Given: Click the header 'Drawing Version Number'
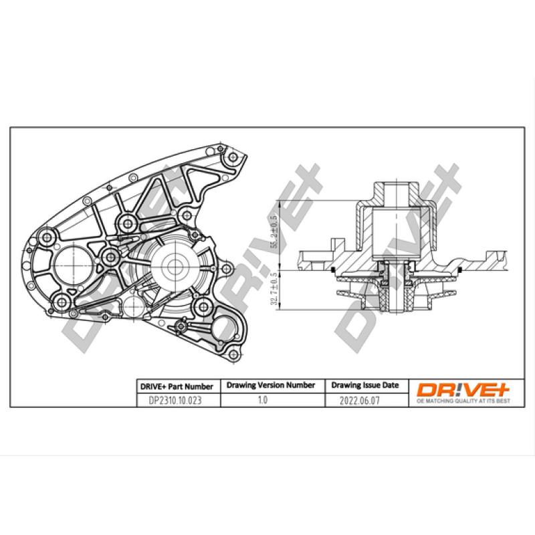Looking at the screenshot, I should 271,385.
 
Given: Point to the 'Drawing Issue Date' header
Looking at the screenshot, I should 365,385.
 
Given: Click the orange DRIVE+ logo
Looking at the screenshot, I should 464,389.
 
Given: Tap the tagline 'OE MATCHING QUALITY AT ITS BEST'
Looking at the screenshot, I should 464,401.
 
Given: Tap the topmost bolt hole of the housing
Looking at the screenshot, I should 232,157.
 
